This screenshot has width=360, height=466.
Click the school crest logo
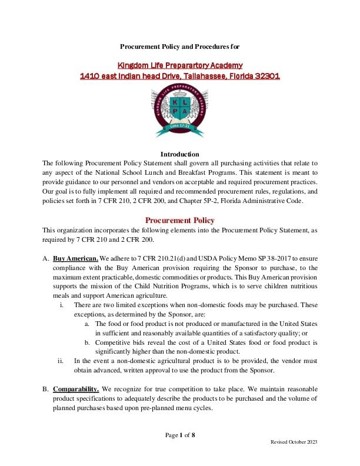[180, 112]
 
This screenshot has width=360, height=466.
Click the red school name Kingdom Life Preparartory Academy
[180, 65]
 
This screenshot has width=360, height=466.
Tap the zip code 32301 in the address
[267, 76]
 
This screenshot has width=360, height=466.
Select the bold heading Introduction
[180, 154]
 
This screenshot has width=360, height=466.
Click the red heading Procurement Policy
[180, 220]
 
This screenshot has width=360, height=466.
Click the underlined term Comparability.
[77, 389]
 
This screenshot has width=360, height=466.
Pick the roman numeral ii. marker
[61, 361]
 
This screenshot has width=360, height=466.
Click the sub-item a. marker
[88, 323]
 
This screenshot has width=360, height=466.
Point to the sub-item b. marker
[88, 342]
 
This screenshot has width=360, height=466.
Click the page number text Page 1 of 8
[180, 435]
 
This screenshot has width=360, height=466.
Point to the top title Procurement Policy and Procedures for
[180, 46]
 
